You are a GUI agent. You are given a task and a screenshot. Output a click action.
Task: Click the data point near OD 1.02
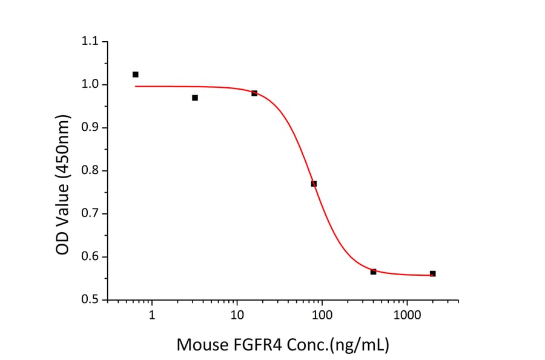136,75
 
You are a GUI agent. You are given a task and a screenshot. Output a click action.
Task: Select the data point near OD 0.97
195,98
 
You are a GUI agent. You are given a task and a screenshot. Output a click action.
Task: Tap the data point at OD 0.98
254,93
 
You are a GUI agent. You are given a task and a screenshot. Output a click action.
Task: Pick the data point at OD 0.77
314,184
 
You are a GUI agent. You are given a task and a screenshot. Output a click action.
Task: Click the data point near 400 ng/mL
373,272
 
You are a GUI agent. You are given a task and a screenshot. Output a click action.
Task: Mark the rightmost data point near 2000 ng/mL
432,273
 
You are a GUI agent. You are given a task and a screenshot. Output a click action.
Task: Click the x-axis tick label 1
152,316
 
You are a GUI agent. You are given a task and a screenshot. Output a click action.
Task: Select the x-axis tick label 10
237,316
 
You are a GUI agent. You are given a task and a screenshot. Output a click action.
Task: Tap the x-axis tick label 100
322,316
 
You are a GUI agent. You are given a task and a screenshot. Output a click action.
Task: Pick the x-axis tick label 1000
407,316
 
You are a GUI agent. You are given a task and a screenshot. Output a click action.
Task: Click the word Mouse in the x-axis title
200,345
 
